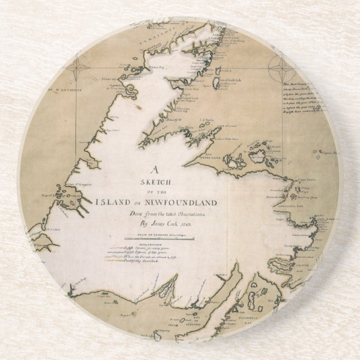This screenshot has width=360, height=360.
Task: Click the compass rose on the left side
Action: (x=77, y=71)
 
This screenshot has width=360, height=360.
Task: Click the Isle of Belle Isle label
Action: (x=225, y=80)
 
